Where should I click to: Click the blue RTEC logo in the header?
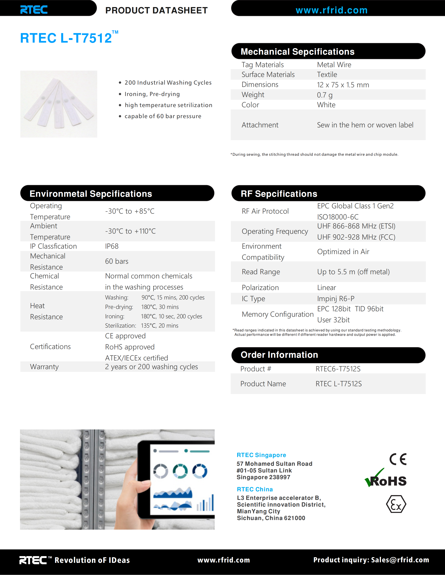pyautogui.click(x=34, y=10)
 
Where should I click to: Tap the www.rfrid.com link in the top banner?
pyautogui.click(x=331, y=10)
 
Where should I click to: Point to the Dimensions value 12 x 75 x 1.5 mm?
pyautogui.click(x=343, y=85)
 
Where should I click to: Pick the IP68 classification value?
pyautogui.click(x=112, y=246)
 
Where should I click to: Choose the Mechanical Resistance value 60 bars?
pyautogui.click(x=117, y=261)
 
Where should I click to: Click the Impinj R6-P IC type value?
pyautogui.click(x=336, y=299)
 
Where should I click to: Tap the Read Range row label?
pyautogui.click(x=261, y=272)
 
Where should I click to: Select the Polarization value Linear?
pyautogui.click(x=326, y=287)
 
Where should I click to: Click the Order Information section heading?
pyautogui.click(x=279, y=355)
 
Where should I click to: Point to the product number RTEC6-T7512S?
pyautogui.click(x=338, y=369)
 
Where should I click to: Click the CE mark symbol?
pyautogui.click(x=398, y=459)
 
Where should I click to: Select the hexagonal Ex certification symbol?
pyautogui.click(x=396, y=504)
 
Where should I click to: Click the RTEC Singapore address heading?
pyautogui.click(x=261, y=455)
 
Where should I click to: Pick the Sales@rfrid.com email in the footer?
pyautogui.click(x=400, y=560)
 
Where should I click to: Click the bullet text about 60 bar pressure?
pyautogui.click(x=163, y=116)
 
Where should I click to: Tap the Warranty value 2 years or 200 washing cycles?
pyautogui.click(x=151, y=367)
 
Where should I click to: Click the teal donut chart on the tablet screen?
pyautogui.click(x=180, y=471)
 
